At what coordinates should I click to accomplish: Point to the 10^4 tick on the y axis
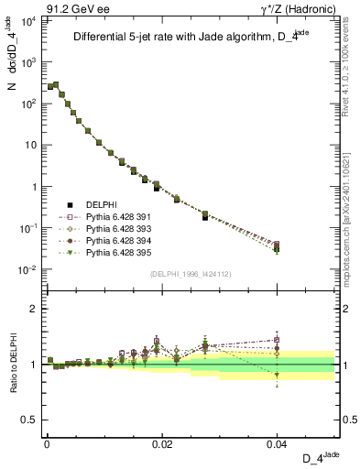[x=28, y=20]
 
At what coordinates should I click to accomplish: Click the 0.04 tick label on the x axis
[x=277, y=443]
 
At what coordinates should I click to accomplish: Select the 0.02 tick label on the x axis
[x=161, y=443]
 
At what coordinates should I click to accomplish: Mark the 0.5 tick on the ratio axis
[x=32, y=420]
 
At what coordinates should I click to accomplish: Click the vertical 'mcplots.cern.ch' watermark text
[x=352, y=211]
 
